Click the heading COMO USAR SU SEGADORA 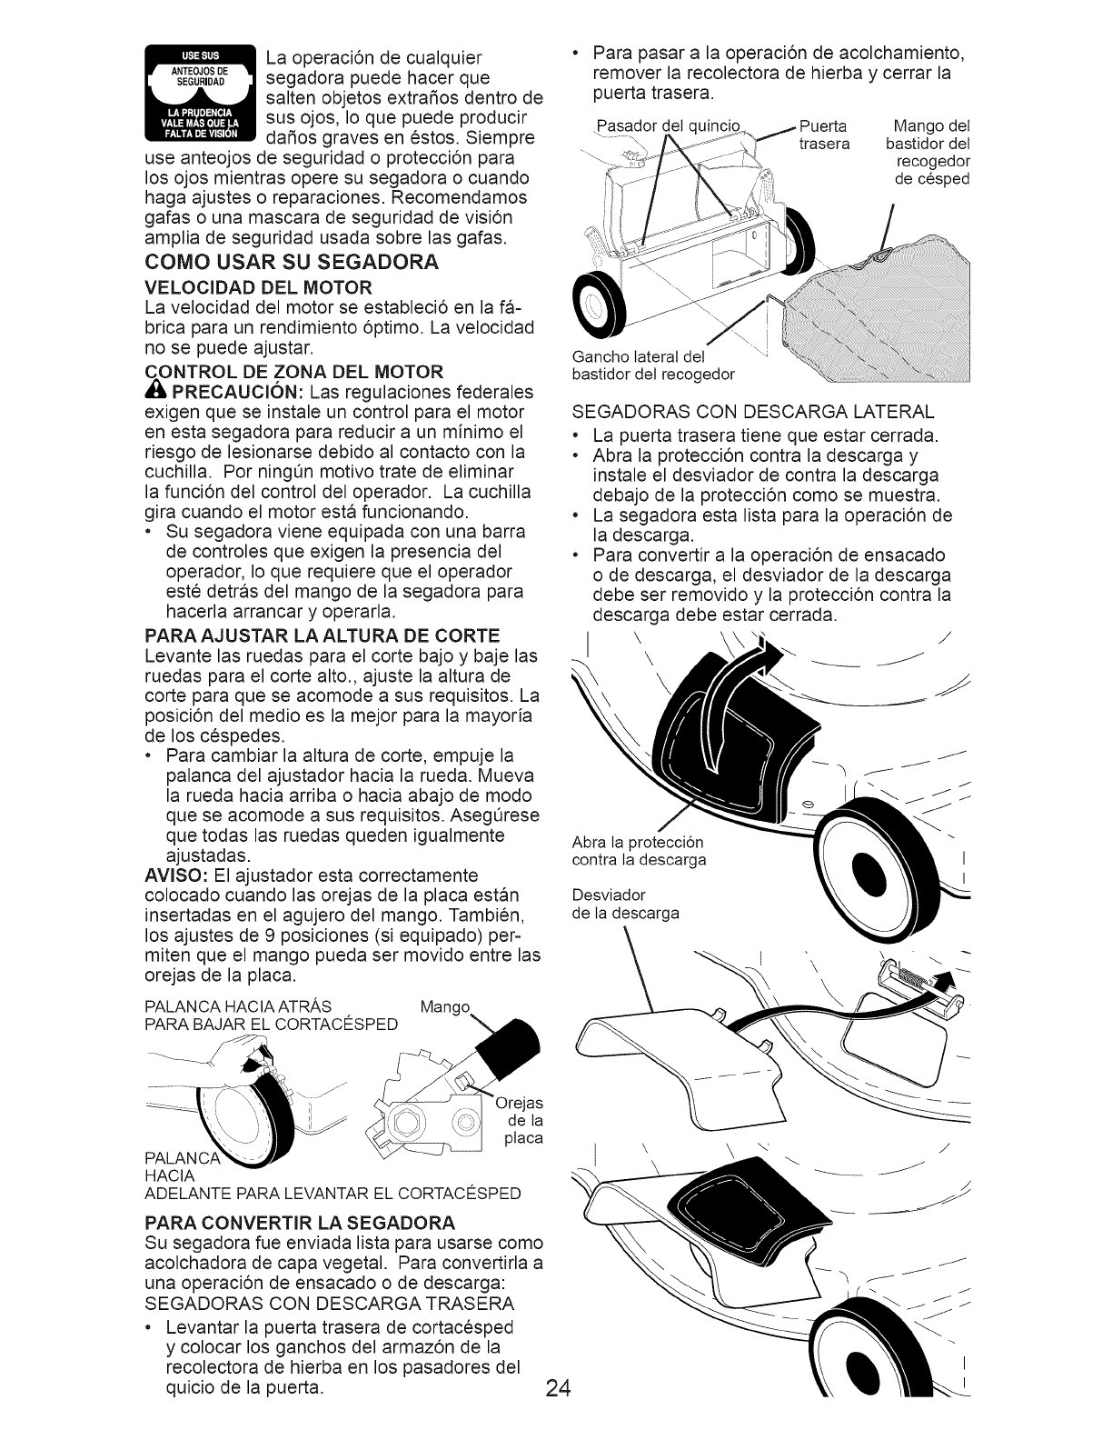tap(291, 263)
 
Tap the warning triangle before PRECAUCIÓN tap(152, 391)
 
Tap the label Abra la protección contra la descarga tap(639, 850)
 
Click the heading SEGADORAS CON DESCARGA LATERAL tap(751, 414)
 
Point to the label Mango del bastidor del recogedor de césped tap(928, 152)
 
